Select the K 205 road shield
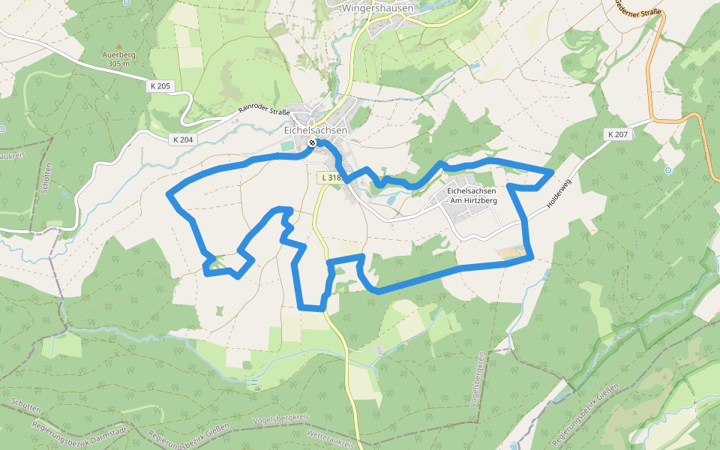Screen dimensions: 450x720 click(159, 86)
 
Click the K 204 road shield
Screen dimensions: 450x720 click(182, 139)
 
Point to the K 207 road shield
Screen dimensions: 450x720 click(618, 134)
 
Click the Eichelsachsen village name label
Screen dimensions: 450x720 click(316, 130)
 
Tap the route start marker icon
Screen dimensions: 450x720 click(312, 142)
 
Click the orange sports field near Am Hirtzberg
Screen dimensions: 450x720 click(511, 253)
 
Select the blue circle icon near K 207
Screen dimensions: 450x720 click(667, 169)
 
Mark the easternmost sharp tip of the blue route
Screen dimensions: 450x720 click(553, 172)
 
